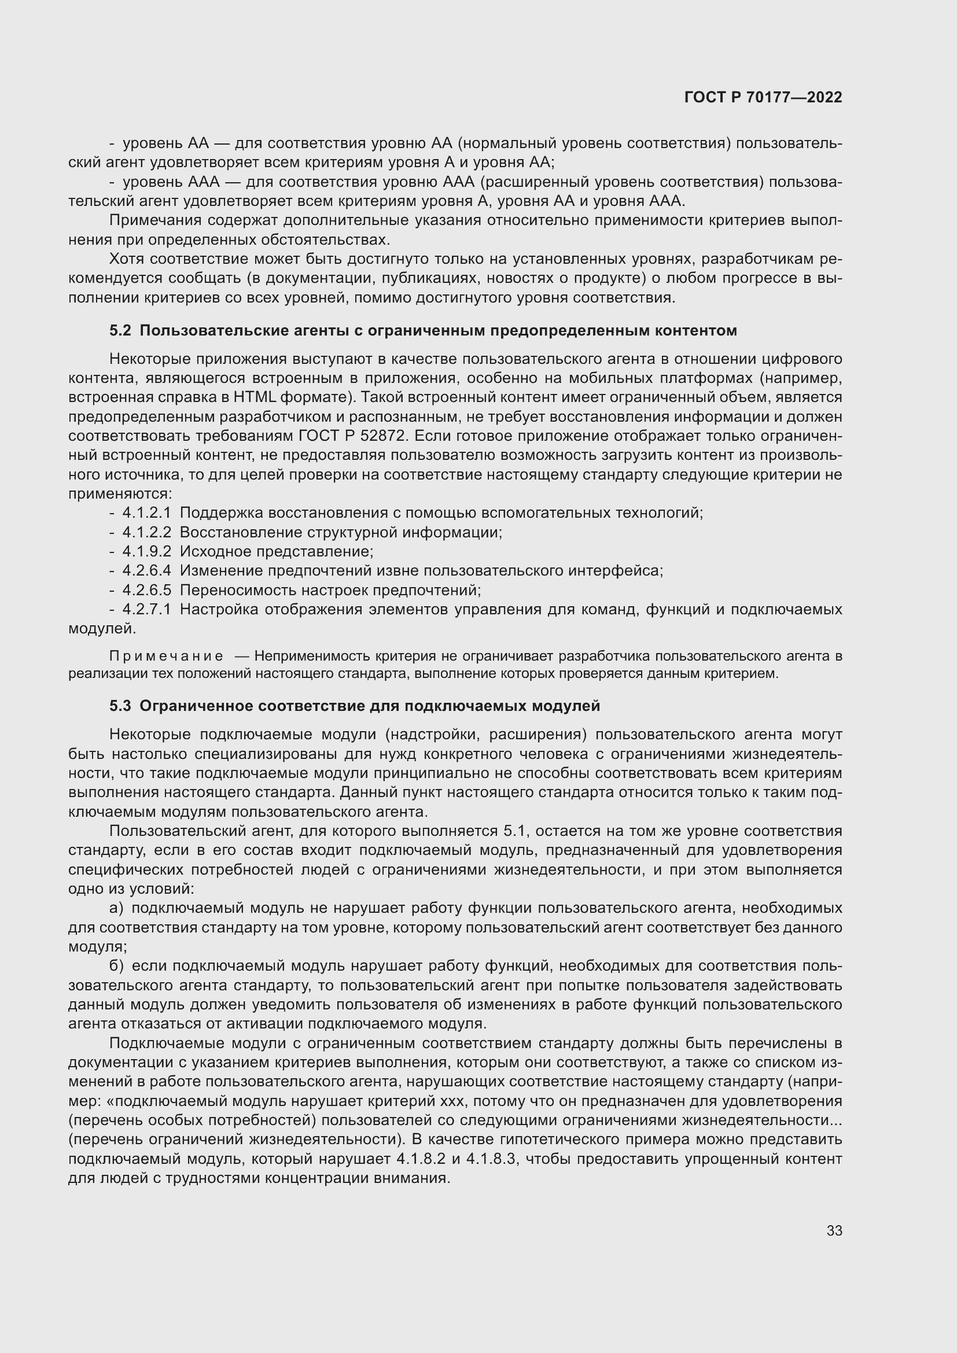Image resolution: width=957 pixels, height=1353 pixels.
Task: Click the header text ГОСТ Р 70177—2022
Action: coord(763,98)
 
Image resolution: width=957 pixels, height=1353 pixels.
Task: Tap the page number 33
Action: coord(834,1230)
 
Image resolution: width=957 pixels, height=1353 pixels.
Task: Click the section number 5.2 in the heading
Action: coord(120,331)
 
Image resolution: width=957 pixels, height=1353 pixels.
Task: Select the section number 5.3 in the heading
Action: coord(120,705)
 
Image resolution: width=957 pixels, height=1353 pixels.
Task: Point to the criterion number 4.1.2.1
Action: coord(146,513)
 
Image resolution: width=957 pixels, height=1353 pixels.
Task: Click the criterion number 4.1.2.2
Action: coord(146,532)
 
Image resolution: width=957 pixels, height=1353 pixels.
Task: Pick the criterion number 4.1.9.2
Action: coord(146,552)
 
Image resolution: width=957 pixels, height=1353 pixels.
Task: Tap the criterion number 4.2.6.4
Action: coord(146,570)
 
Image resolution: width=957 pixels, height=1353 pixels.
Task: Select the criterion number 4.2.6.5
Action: coord(146,590)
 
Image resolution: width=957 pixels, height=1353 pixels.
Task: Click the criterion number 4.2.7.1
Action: coord(146,609)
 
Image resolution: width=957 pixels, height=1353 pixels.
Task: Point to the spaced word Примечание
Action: coord(166,656)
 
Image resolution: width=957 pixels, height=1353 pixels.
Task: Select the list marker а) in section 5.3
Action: coord(116,908)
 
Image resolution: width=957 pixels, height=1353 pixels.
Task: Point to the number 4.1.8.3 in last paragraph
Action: coord(491,1159)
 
